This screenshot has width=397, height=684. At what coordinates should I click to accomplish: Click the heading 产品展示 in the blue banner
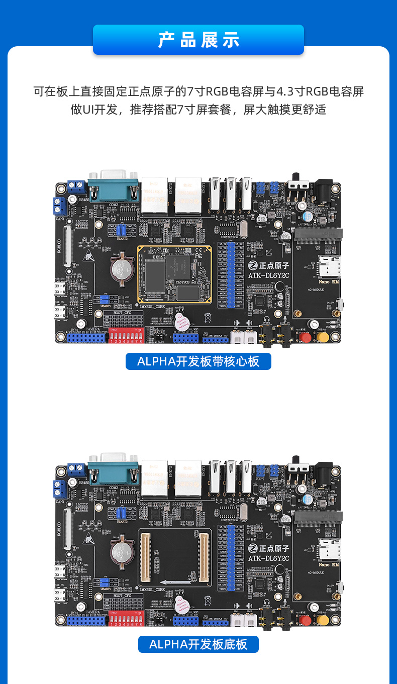(x=198, y=40)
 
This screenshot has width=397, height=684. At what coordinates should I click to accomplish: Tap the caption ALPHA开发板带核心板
(x=198, y=361)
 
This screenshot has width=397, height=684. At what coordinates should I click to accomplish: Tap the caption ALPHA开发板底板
(x=198, y=644)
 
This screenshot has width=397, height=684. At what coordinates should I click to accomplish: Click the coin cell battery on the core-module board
(x=121, y=268)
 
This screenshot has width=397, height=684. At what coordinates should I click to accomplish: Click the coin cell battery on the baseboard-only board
(x=121, y=551)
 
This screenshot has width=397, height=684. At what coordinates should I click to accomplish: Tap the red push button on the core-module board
(x=305, y=337)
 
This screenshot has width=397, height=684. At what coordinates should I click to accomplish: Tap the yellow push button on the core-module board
(x=323, y=337)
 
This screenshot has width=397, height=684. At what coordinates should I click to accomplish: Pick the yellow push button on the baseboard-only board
(x=323, y=620)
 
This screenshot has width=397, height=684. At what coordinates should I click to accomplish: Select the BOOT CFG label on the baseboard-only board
(x=124, y=596)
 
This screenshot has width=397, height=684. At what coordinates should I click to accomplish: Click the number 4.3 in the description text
(x=287, y=91)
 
